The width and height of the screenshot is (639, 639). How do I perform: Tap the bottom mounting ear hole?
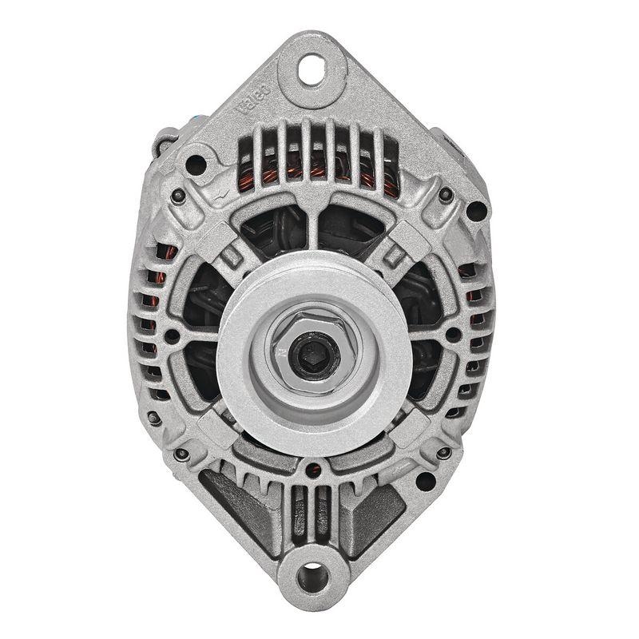tap(312, 574)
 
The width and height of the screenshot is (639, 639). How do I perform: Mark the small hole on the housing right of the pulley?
tap(454, 335)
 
